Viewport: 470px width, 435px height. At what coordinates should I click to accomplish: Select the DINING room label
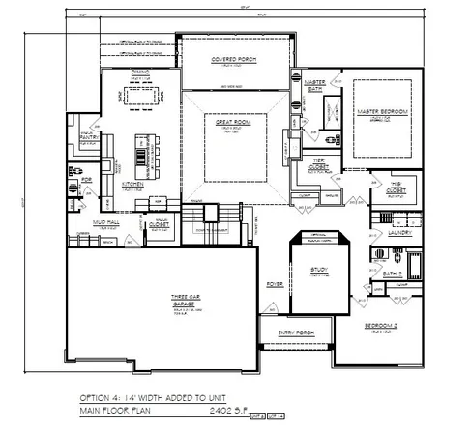point(141,72)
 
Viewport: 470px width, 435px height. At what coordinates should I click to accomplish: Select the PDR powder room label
point(86,180)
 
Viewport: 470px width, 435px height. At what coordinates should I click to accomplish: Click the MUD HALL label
point(92,221)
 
